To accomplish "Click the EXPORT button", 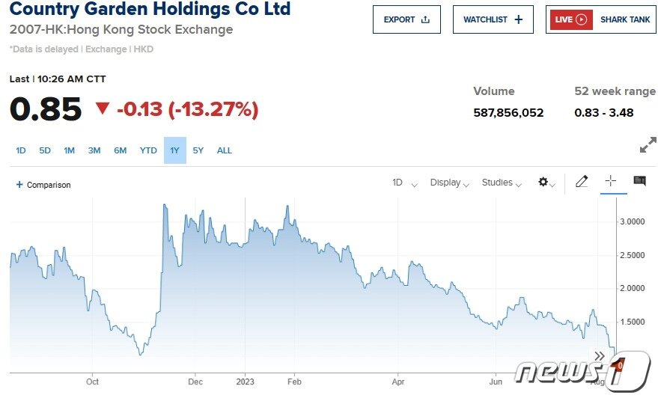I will [406, 19].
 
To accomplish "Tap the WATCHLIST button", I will [493, 19].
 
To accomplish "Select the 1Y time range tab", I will [174, 150].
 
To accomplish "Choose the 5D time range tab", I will [45, 150].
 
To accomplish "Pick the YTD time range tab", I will [148, 150].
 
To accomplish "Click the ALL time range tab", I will [225, 150].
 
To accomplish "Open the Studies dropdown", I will [501, 183].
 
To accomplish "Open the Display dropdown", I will [449, 183].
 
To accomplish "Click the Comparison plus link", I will [43, 185].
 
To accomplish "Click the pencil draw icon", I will [582, 181].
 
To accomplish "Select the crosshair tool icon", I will [610, 181].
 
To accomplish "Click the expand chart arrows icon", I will [648, 145].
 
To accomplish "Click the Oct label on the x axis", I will [92, 382].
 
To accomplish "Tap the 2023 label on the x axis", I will [245, 382].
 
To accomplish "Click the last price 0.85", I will [45, 110].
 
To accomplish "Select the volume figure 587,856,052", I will [508, 113].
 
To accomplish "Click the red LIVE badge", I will [571, 19].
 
